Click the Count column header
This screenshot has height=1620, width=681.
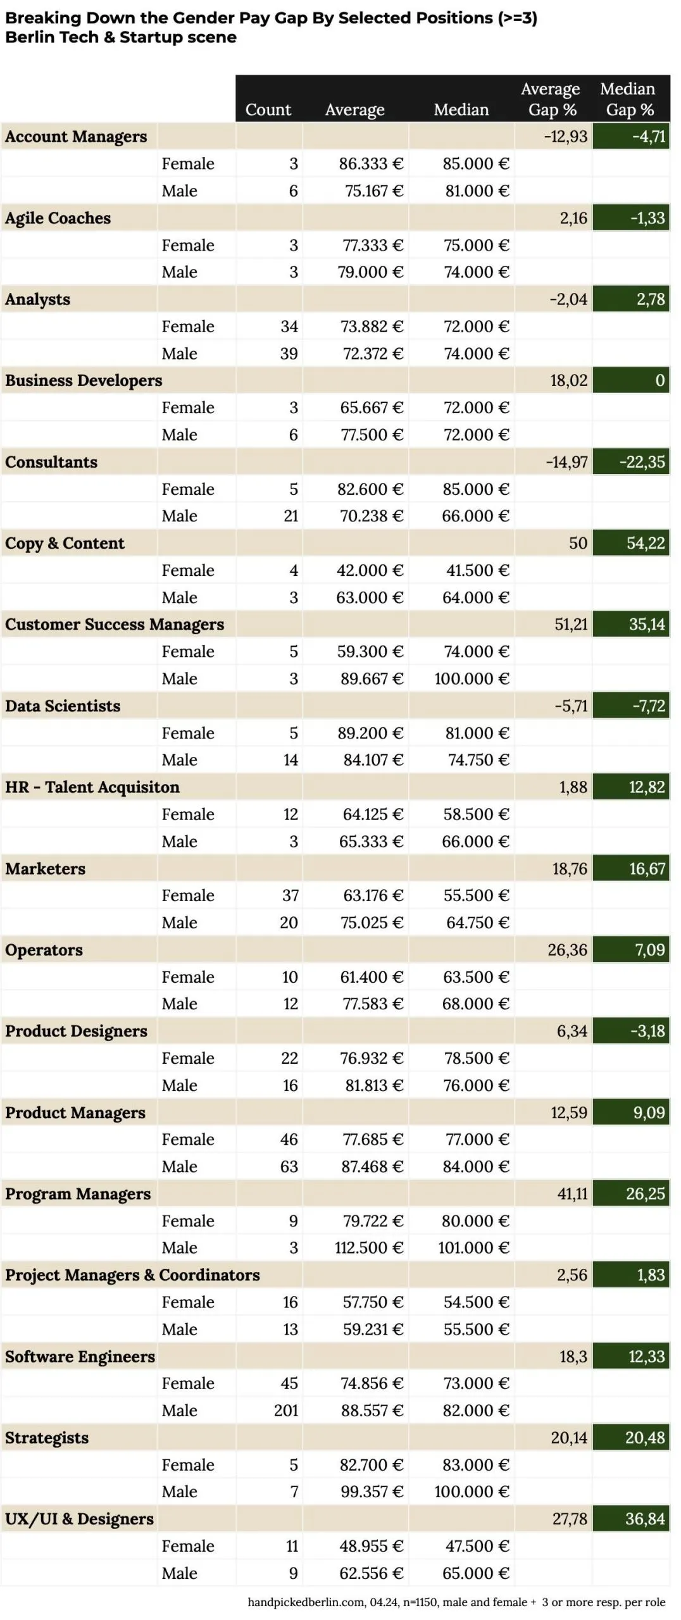click(268, 109)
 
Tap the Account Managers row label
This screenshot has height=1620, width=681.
click(76, 137)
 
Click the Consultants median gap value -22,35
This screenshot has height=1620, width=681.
click(642, 462)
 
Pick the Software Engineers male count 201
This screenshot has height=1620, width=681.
click(285, 1411)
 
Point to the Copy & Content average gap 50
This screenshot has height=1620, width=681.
click(578, 543)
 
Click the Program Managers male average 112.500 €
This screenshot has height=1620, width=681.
click(368, 1248)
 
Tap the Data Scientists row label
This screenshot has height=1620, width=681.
click(63, 706)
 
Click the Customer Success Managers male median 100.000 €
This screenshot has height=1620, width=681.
click(472, 679)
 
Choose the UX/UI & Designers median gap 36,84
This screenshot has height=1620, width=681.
click(645, 1519)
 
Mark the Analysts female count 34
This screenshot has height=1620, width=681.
click(289, 327)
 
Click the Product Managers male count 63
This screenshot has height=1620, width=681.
click(289, 1166)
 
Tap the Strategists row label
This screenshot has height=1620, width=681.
click(47, 1438)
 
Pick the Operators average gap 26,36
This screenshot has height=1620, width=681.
click(567, 950)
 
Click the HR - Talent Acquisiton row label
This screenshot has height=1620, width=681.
click(92, 787)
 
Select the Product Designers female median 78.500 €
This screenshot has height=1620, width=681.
click(475, 1058)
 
